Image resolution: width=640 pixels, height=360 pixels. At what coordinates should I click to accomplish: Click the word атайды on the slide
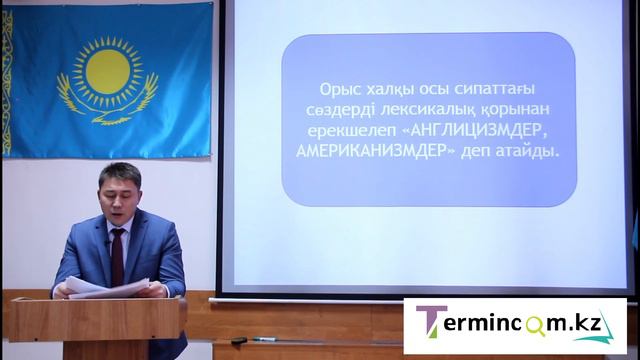(528, 153)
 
